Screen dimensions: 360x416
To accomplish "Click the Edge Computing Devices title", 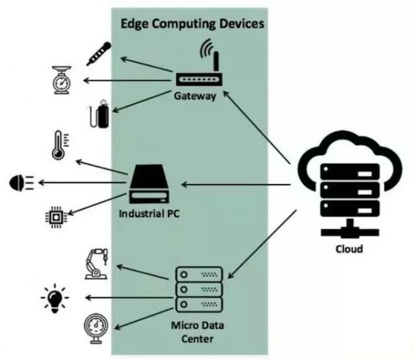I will click(x=193, y=23).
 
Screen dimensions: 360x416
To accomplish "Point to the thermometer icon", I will click(x=58, y=145).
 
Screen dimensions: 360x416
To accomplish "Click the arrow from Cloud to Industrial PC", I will click(x=236, y=184).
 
